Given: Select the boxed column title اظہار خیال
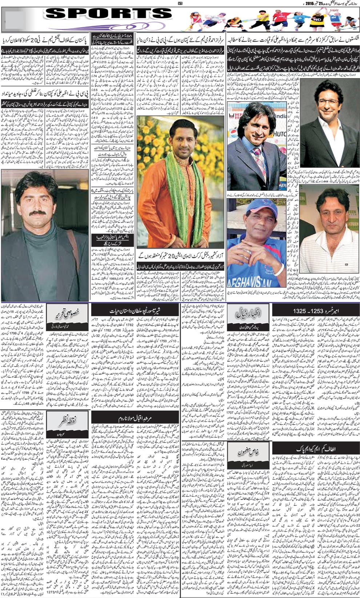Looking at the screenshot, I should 248,313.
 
